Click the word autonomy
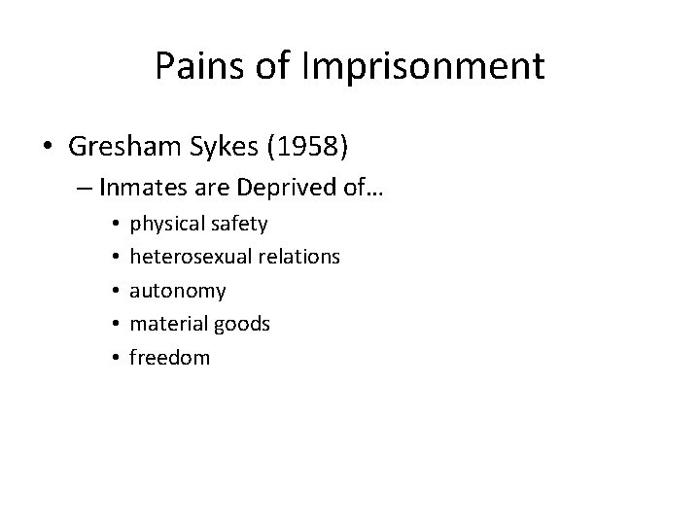[x=178, y=291]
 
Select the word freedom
[x=170, y=357]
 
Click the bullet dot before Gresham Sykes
[x=49, y=149]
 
